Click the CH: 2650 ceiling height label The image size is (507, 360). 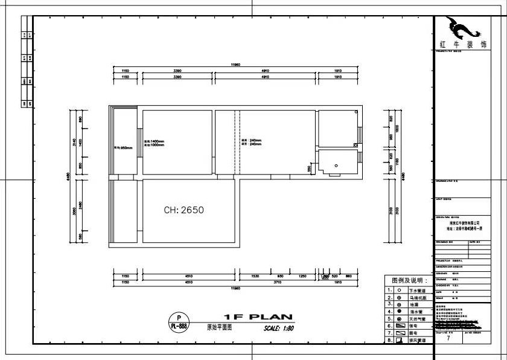[x=184, y=210]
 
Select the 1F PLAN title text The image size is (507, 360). [x=258, y=317]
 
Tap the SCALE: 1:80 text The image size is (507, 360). [x=278, y=329]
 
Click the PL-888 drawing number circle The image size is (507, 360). [x=178, y=321]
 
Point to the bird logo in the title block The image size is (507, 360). [x=462, y=28]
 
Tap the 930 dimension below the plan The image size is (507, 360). [x=280, y=275]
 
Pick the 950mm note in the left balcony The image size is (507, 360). [x=124, y=147]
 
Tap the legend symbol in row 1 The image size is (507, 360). [x=399, y=290]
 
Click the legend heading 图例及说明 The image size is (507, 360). [x=409, y=281]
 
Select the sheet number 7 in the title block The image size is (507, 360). [x=448, y=339]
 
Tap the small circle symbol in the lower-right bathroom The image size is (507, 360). [x=336, y=164]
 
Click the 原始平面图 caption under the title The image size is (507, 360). [x=219, y=327]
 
